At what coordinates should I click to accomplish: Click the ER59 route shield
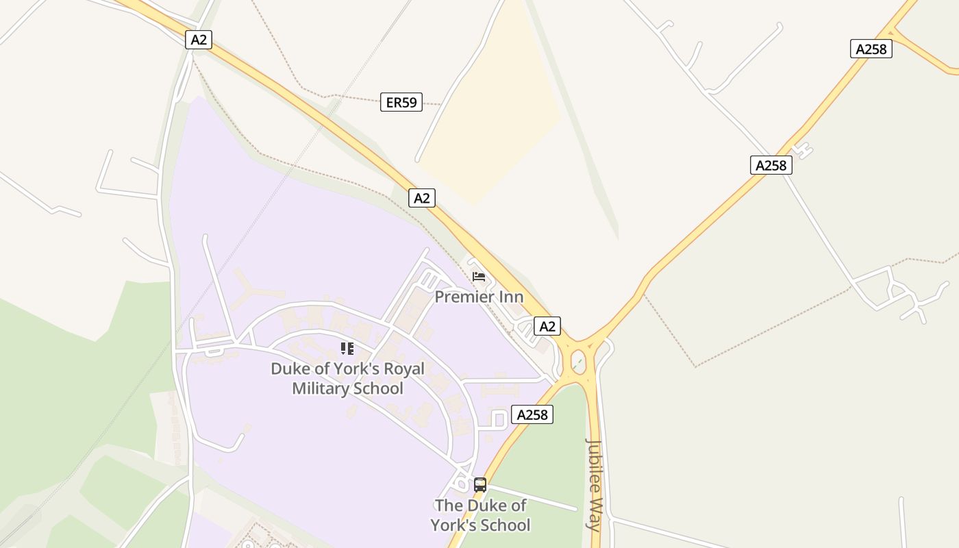tap(401, 103)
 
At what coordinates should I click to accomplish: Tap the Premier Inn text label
tap(479, 297)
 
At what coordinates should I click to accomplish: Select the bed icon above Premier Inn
tap(479, 277)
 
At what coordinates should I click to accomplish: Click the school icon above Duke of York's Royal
tap(347, 349)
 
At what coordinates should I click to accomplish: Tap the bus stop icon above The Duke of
tap(480, 485)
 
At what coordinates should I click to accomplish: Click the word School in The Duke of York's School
tap(506, 525)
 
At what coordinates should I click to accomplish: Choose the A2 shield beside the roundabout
tap(547, 326)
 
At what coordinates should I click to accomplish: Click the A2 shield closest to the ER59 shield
tap(422, 198)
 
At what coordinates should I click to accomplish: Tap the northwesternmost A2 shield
tap(199, 40)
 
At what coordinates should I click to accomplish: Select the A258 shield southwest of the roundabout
tap(532, 414)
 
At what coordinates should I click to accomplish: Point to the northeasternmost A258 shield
tap(871, 49)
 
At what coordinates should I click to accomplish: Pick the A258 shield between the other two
tap(771, 165)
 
